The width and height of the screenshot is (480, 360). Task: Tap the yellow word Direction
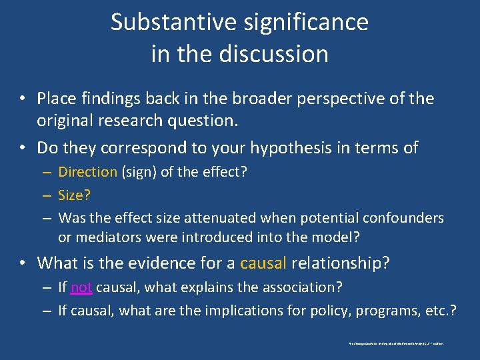(x=87, y=172)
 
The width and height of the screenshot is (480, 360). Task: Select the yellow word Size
(x=72, y=195)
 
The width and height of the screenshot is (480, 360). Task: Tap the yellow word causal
(x=263, y=263)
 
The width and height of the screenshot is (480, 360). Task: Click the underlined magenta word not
(x=81, y=288)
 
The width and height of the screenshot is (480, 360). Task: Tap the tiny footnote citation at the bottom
(x=396, y=343)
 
